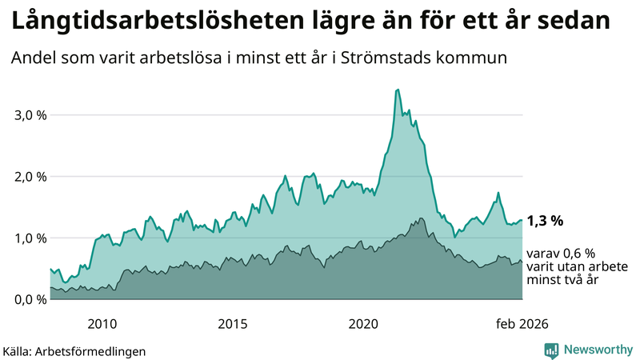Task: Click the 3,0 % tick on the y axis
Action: (31, 114)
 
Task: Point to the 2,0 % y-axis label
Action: (31, 176)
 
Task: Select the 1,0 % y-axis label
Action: (31, 238)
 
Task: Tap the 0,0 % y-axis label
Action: (31, 299)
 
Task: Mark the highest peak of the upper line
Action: (398, 90)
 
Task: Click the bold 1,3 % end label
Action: (545, 220)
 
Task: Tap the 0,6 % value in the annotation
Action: (576, 252)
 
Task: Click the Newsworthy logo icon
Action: (551, 350)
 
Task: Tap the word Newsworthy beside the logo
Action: (597, 350)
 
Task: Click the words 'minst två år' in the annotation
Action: (562, 280)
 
